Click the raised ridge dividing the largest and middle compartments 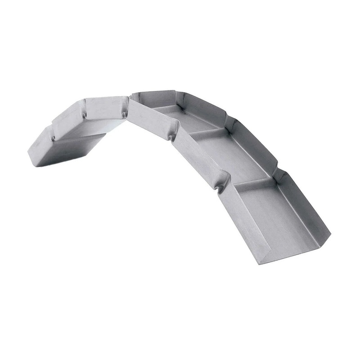pos(252,180)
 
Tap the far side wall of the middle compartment pos(254,144)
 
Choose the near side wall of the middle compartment pos(198,157)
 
